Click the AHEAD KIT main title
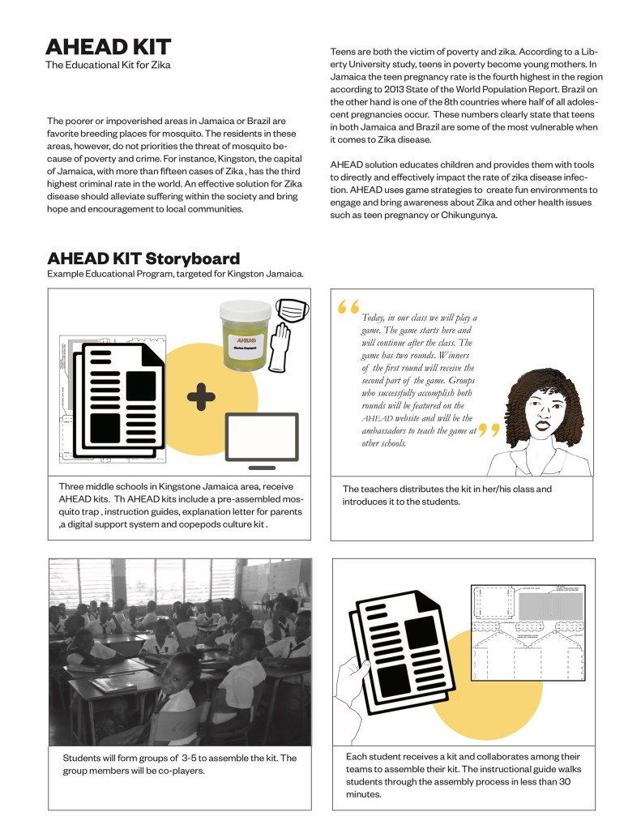[x=108, y=46]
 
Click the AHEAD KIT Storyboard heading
[x=143, y=259]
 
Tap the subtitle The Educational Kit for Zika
[x=107, y=65]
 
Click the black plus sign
[x=200, y=396]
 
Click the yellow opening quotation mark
[x=348, y=307]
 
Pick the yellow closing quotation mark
[x=489, y=430]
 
